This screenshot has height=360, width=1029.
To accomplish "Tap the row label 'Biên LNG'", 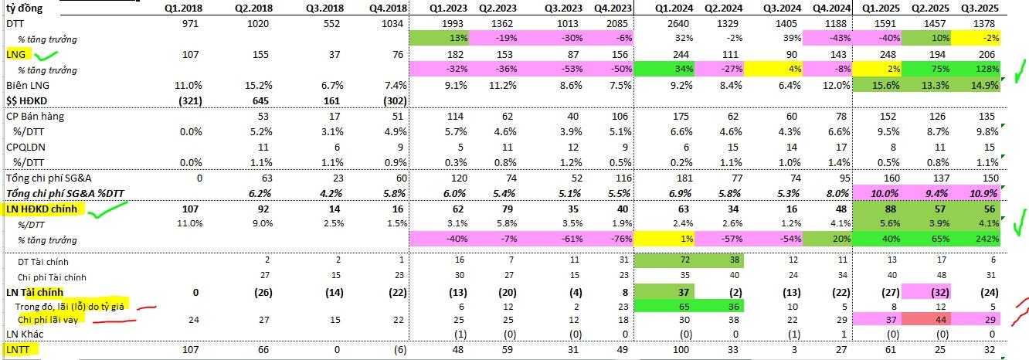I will coord(27,85).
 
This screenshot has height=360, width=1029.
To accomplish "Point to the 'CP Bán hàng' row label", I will coord(35,116).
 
